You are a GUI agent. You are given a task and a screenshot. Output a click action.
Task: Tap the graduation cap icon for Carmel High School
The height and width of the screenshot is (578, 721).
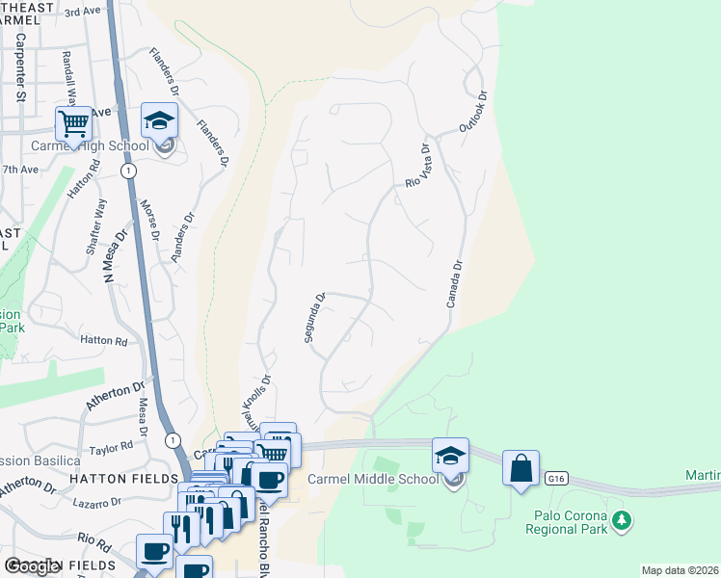[160, 121]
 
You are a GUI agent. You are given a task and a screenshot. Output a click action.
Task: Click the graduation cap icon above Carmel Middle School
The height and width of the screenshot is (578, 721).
[451, 456]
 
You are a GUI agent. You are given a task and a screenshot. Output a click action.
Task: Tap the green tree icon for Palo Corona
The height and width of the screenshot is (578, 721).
[624, 520]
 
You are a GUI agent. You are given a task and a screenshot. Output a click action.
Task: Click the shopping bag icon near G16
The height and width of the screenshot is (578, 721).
[521, 469]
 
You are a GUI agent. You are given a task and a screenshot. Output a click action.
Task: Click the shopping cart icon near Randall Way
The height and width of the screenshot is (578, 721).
[73, 124]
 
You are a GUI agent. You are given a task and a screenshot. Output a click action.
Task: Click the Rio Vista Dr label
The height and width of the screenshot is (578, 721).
[415, 166]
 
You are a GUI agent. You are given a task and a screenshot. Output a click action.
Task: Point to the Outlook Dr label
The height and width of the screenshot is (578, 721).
[473, 112]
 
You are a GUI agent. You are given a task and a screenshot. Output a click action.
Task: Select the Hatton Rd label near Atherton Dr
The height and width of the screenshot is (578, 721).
[103, 340]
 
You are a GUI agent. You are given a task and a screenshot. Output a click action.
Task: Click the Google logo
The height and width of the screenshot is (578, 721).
[32, 566]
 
